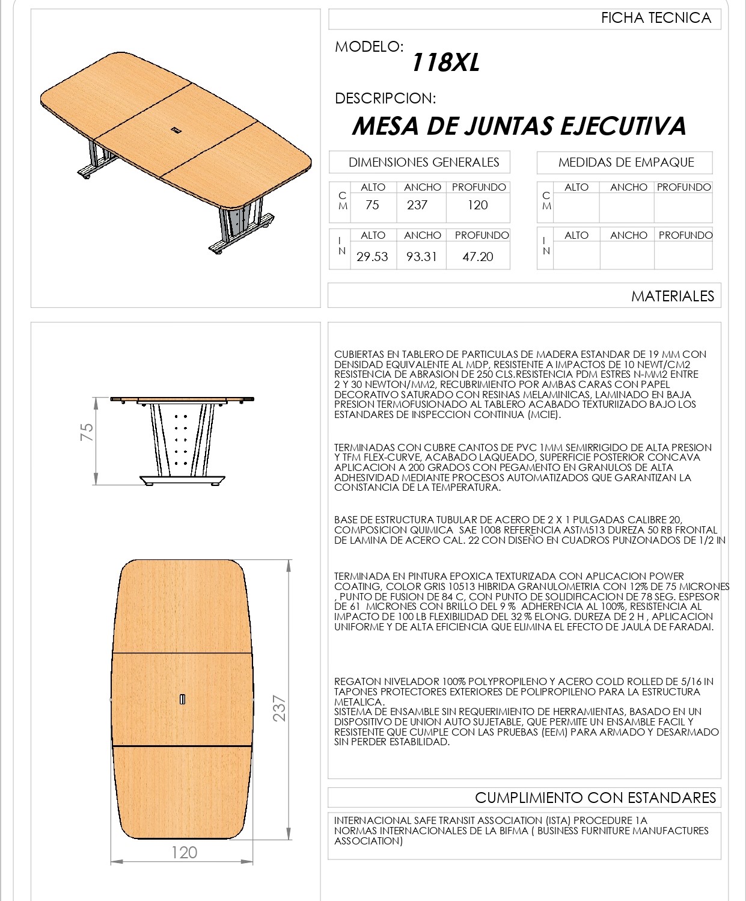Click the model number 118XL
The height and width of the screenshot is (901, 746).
445,63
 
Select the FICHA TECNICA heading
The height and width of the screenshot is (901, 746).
656,18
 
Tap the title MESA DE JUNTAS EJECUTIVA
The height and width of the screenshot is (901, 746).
519,126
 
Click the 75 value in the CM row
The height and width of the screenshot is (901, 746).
372,205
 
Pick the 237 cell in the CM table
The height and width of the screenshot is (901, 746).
417,205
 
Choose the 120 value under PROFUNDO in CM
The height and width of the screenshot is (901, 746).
478,205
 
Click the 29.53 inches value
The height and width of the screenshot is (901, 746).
372,257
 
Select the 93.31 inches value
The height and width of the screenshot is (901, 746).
421,257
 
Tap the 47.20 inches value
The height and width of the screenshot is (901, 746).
478,257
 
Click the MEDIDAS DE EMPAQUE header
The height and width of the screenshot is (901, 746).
626,162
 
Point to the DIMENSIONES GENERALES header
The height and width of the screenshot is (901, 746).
424,162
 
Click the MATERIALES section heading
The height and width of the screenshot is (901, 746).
672,296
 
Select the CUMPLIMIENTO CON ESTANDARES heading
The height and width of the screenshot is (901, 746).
595,798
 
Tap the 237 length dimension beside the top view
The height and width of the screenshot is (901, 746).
279,708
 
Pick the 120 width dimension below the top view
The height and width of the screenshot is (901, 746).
184,852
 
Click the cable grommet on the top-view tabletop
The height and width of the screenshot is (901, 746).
182,698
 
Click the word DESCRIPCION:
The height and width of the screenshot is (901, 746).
385,98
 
